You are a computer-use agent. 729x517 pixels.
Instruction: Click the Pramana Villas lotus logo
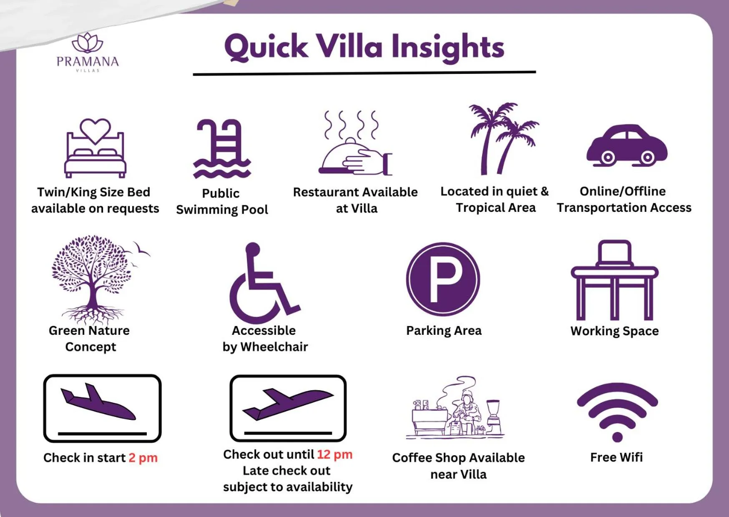click(x=88, y=43)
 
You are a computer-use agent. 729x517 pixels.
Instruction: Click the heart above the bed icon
click(x=96, y=131)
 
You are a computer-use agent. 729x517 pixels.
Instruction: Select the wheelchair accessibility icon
click(x=264, y=283)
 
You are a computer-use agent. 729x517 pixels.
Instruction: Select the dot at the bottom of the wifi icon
click(x=617, y=437)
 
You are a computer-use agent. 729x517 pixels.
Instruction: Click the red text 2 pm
click(x=143, y=458)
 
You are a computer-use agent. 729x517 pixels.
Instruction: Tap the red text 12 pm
click(x=334, y=454)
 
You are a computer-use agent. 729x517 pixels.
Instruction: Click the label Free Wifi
click(x=616, y=457)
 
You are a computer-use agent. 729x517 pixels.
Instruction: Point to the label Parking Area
click(x=444, y=331)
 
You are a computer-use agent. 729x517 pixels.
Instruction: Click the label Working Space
click(x=615, y=331)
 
